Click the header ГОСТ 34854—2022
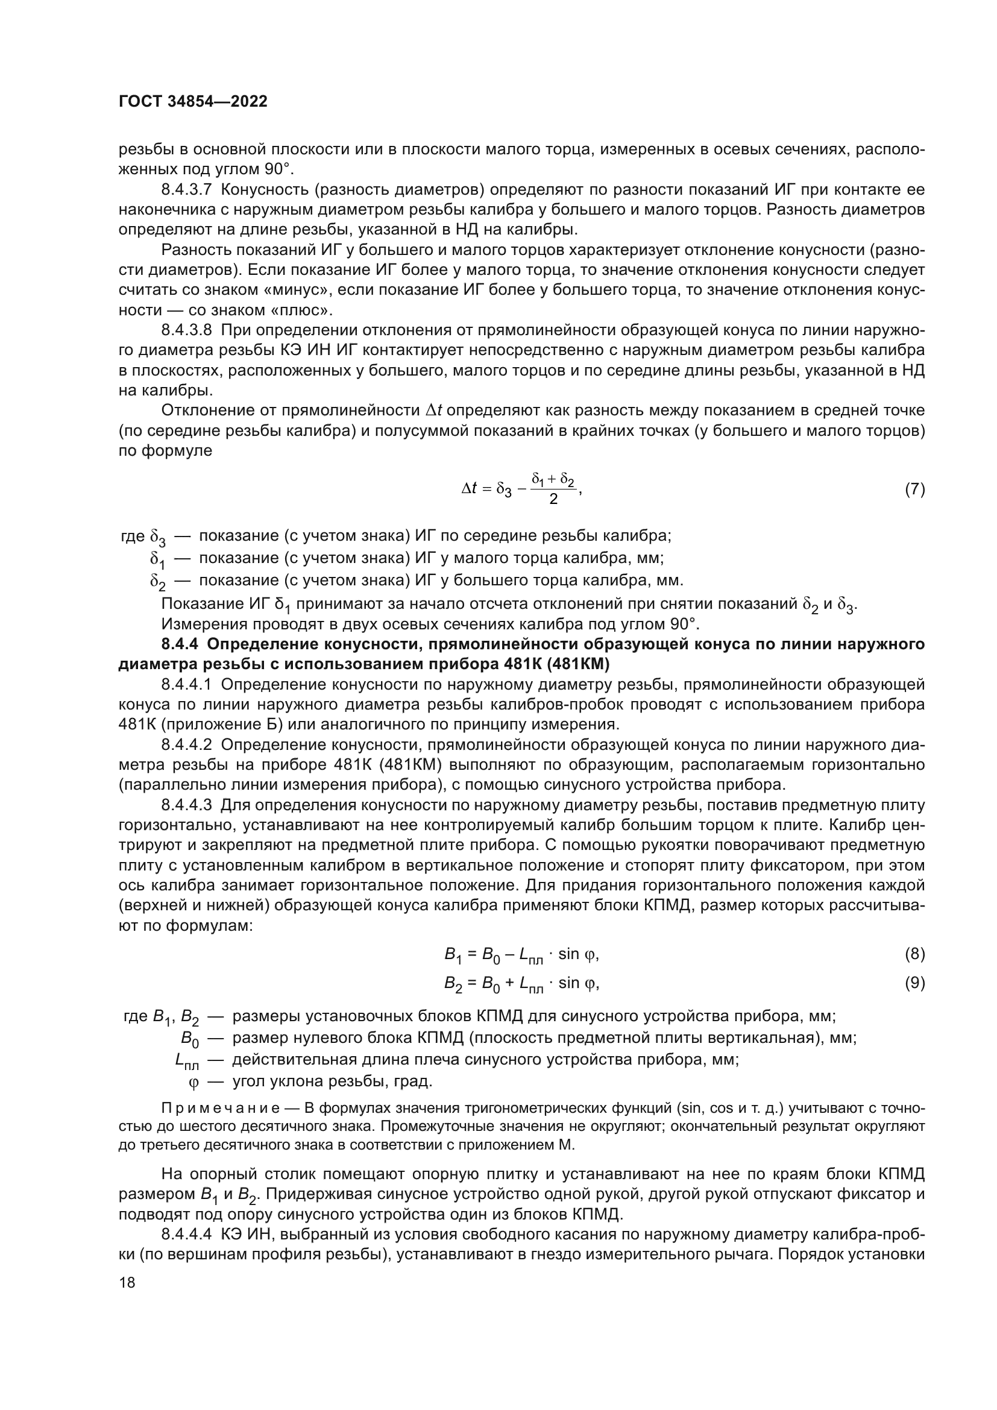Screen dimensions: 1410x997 pyautogui.click(x=193, y=102)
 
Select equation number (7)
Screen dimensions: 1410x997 pyautogui.click(x=915, y=489)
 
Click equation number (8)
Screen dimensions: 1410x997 pyautogui.click(x=915, y=954)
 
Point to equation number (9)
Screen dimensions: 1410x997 pyautogui.click(x=915, y=983)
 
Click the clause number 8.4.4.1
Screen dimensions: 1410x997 pyautogui.click(x=187, y=684)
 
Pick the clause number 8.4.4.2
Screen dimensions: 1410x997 pyautogui.click(x=187, y=745)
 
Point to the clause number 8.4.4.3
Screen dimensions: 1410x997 pyautogui.click(x=187, y=805)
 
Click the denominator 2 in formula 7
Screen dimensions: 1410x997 pyautogui.click(x=553, y=499)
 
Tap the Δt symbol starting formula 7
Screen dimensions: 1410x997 pyautogui.click(x=469, y=489)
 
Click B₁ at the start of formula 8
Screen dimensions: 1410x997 pyautogui.click(x=453, y=955)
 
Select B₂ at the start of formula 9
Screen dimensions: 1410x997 pyautogui.click(x=453, y=984)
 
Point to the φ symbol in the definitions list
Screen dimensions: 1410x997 pyautogui.click(x=193, y=1083)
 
